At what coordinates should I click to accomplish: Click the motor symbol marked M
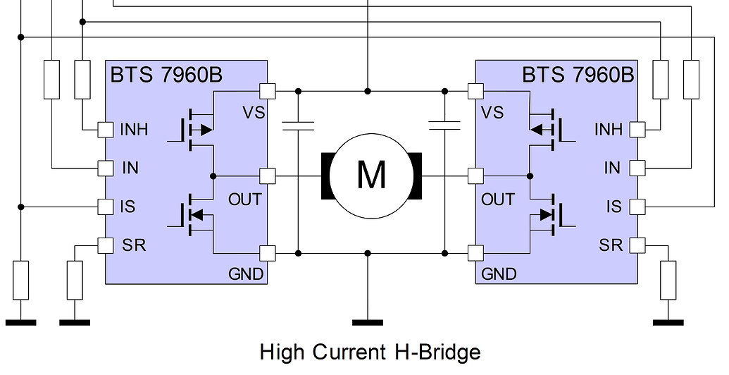click(370, 174)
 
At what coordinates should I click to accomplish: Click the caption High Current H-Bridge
click(370, 352)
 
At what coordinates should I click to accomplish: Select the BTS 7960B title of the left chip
click(166, 75)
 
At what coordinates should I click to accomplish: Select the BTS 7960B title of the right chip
click(578, 75)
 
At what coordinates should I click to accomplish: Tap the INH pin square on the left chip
click(105, 130)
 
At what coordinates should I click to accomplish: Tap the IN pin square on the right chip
click(637, 168)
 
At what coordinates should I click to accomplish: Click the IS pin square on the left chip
click(105, 207)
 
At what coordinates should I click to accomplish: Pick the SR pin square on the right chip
click(637, 245)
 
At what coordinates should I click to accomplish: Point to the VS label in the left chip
click(254, 112)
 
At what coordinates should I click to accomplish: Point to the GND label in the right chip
click(499, 273)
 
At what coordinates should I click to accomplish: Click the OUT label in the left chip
click(244, 199)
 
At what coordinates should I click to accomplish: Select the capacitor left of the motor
click(297, 125)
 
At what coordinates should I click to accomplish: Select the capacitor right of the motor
click(445, 125)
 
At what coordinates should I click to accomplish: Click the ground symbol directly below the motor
click(367, 322)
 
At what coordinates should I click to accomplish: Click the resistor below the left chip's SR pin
click(75, 280)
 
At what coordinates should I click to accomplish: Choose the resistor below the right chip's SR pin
click(668, 280)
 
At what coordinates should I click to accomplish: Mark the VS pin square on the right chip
click(476, 91)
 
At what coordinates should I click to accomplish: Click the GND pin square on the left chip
click(267, 252)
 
